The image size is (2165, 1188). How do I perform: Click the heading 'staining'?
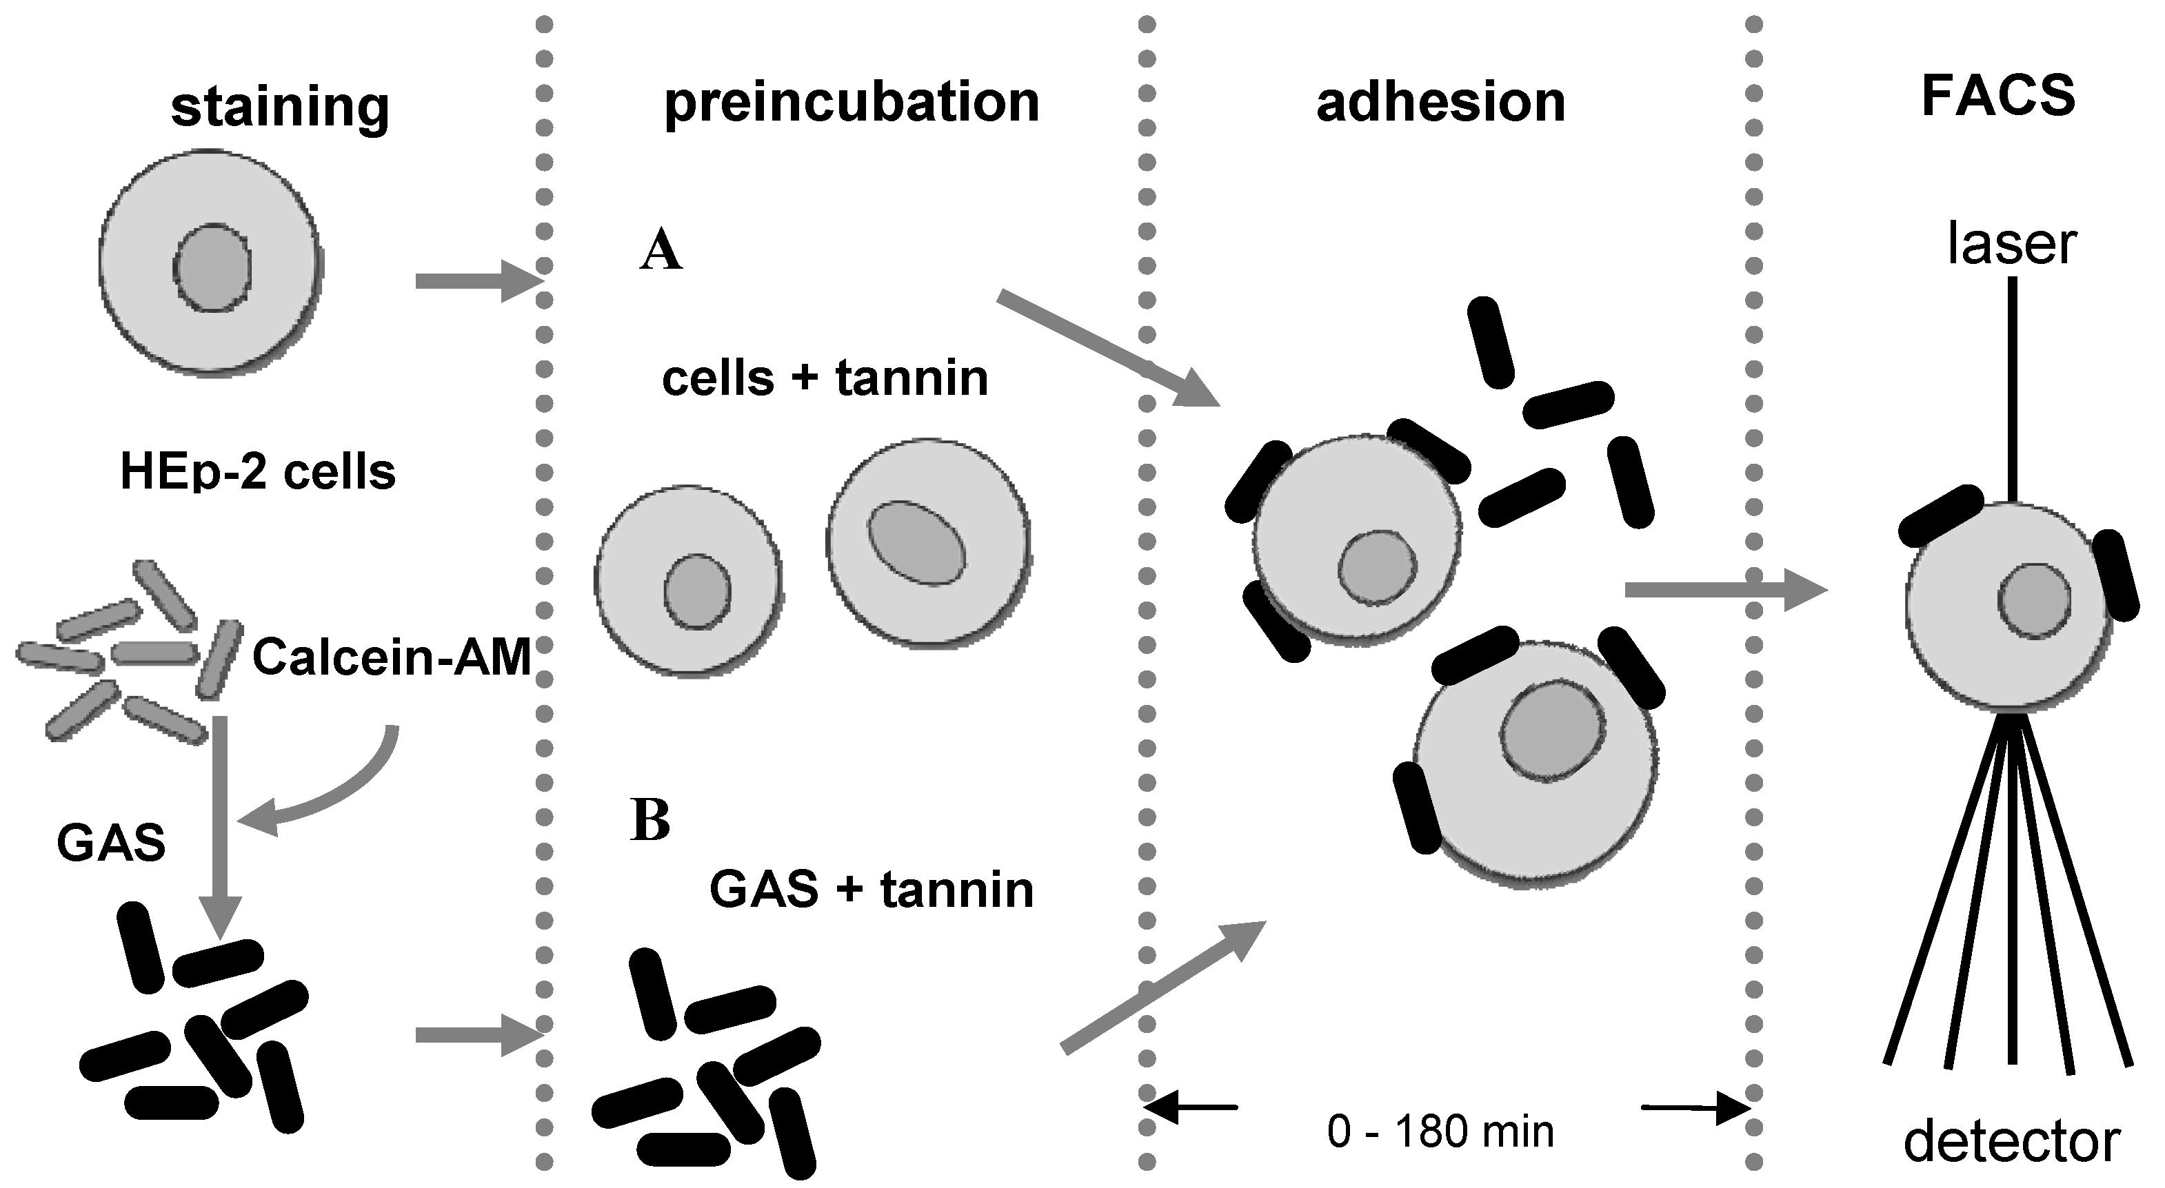[x=280, y=107]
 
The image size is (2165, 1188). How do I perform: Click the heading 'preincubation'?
[x=852, y=103]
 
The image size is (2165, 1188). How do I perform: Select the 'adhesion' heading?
[x=1440, y=103]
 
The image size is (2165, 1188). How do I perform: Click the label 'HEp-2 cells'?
[x=258, y=472]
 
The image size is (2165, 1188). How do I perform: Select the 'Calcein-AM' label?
[x=392, y=657]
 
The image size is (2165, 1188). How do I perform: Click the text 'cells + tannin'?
[x=825, y=378]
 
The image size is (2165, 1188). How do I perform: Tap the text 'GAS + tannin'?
[x=872, y=889]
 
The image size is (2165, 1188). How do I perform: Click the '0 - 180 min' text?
[x=1440, y=1131]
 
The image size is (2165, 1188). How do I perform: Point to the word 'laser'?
[x=2011, y=245]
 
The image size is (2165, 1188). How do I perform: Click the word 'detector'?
[x=2011, y=1142]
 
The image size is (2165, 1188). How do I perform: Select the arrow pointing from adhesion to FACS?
[x=1723, y=590]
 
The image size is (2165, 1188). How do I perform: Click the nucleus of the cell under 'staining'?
[x=212, y=267]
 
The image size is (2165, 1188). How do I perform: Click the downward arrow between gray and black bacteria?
[x=220, y=823]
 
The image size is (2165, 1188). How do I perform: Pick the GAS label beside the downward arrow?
[x=111, y=843]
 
